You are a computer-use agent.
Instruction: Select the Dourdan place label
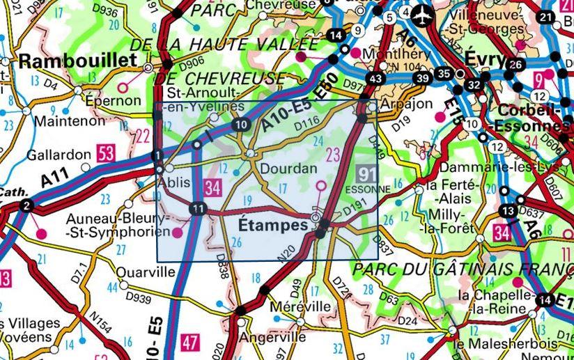tap(288, 169)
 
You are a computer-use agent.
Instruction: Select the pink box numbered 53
tap(107, 154)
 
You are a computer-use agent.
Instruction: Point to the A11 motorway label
tap(49, 180)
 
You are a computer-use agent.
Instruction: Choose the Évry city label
tap(485, 60)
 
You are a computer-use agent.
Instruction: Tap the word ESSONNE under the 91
tap(366, 187)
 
